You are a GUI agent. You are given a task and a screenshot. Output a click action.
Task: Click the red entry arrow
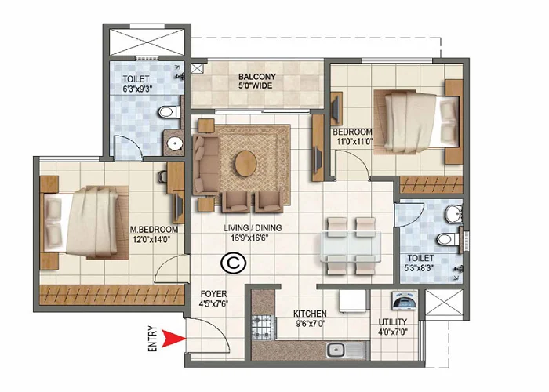coord(172,338)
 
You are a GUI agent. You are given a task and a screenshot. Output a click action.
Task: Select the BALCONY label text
coord(256,77)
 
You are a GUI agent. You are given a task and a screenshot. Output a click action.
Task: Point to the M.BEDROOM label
coord(154,229)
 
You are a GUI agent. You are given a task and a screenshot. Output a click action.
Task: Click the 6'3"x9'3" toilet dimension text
coord(139,89)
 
